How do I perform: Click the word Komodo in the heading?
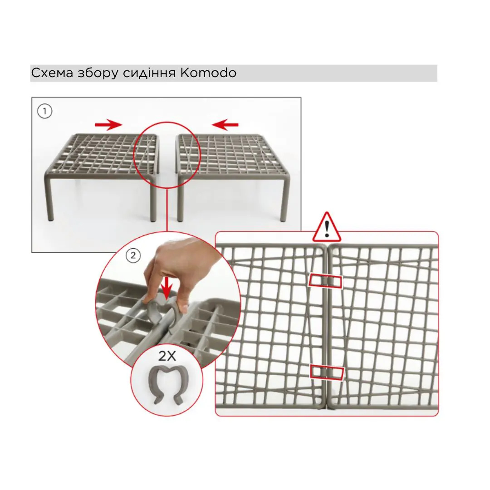click(x=208, y=73)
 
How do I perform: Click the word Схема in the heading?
click(x=52, y=73)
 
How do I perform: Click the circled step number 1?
click(x=44, y=111)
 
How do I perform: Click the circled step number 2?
click(x=133, y=255)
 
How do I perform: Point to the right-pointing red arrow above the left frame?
click(x=109, y=125)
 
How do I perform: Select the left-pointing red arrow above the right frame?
click(x=225, y=125)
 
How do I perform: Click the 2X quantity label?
click(x=167, y=356)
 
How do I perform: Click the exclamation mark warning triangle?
click(x=327, y=228)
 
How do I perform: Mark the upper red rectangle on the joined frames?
click(x=325, y=282)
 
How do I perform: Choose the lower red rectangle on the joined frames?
click(x=327, y=372)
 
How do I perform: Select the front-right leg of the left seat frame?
click(x=153, y=200)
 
